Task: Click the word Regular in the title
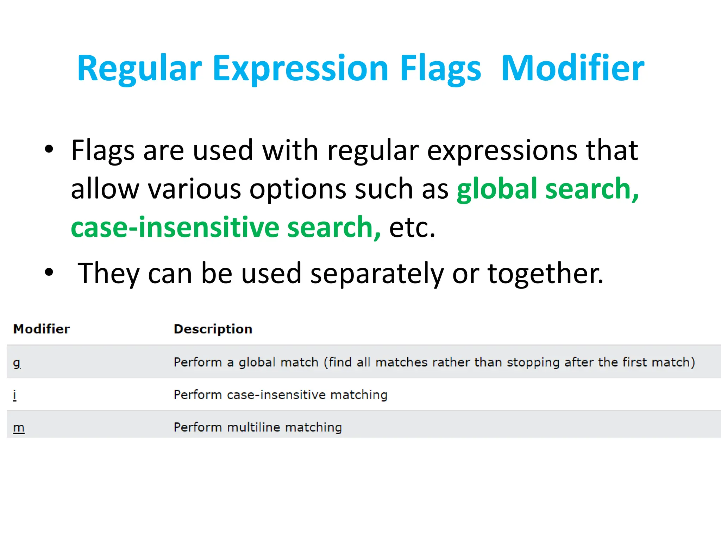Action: [139, 68]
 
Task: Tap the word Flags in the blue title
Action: [440, 68]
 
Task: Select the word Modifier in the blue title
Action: [572, 68]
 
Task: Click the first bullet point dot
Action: [49, 149]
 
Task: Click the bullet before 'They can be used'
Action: [49, 272]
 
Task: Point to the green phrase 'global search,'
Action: [547, 189]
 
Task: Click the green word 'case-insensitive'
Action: [175, 227]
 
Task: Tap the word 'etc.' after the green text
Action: [412, 227]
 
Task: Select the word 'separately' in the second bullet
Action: [377, 273]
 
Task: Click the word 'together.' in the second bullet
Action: [545, 273]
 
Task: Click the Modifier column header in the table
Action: [41, 329]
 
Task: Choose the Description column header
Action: [213, 329]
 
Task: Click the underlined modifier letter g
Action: [17, 362]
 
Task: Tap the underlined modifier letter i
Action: [14, 395]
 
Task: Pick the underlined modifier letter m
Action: [19, 428]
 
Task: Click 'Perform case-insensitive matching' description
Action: [280, 395]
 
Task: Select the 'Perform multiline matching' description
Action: [258, 428]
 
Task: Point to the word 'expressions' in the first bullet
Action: [502, 150]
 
